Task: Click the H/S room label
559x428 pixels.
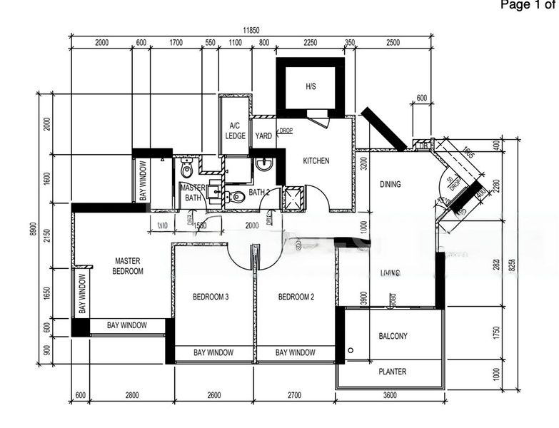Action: tap(311, 86)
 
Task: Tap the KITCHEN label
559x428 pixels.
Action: tap(316, 160)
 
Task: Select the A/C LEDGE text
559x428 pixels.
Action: tap(235, 131)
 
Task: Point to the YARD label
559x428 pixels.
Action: tap(263, 136)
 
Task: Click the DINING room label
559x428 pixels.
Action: tap(390, 184)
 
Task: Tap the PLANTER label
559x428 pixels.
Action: tap(392, 372)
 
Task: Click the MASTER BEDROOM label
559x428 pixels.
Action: tap(128, 266)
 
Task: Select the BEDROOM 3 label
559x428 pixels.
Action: tap(210, 297)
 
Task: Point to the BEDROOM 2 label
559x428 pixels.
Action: tap(296, 297)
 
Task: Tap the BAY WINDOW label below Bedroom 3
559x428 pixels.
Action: tap(213, 352)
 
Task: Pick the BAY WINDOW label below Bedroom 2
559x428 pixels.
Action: tap(295, 352)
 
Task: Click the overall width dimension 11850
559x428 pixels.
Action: tap(250, 30)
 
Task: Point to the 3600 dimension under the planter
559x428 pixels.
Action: tap(390, 395)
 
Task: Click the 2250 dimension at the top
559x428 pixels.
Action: tap(310, 43)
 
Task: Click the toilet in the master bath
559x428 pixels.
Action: tap(187, 170)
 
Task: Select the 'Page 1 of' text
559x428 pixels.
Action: tap(528, 6)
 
